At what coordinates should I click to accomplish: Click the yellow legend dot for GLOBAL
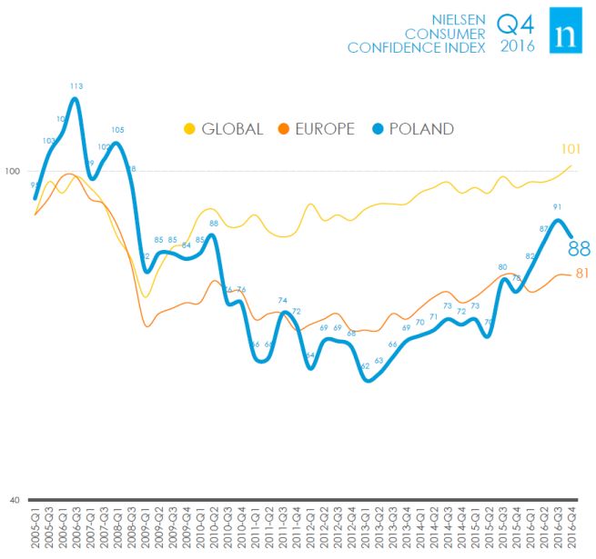pos(190,128)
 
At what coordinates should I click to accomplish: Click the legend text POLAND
pos(420,129)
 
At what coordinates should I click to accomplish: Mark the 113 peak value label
pos(76,86)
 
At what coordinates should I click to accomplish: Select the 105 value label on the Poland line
pos(117,129)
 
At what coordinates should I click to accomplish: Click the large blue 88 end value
pos(580,248)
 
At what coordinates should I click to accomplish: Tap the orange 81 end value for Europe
pos(583,274)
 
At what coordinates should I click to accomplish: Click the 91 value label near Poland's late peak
pos(556,206)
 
